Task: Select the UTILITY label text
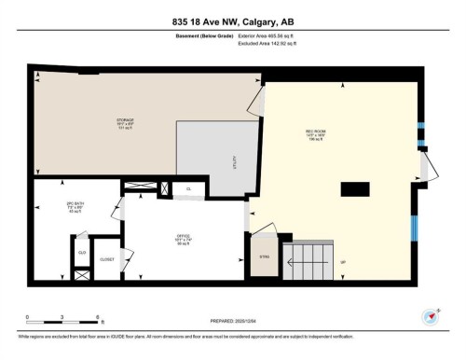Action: (234, 160)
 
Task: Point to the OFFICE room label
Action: (184, 238)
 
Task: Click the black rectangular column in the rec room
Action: (355, 189)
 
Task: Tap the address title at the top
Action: (232, 22)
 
